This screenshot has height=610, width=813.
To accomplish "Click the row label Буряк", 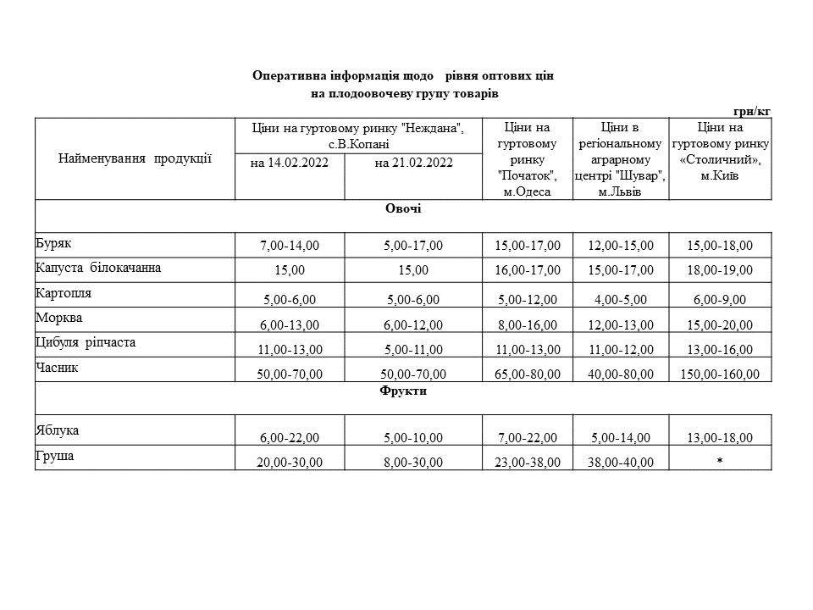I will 53,242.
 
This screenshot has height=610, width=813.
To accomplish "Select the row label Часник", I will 58,368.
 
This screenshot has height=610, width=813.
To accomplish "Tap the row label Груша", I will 55,456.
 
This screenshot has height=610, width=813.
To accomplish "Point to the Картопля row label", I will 64,293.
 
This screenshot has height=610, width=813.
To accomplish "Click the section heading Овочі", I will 403,208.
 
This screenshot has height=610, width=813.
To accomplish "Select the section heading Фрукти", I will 403,391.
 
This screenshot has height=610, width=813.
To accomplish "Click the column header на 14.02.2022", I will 290,164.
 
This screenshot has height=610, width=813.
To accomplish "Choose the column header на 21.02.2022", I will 413,164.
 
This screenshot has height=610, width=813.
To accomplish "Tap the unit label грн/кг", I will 752,110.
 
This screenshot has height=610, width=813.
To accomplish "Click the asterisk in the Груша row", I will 720,462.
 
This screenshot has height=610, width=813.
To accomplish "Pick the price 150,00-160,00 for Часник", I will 720,374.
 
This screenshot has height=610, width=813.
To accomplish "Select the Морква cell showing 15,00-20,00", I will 720,324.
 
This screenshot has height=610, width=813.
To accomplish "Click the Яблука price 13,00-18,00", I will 720,438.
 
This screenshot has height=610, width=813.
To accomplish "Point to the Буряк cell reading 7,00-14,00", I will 290,246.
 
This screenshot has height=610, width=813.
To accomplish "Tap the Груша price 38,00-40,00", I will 621,462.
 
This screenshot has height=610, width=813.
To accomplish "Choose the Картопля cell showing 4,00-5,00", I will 621,300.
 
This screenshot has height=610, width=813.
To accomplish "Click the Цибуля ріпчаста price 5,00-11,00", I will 413,349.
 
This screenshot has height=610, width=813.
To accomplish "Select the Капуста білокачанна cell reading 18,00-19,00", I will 720,270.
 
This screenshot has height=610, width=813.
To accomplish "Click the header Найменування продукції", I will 135,158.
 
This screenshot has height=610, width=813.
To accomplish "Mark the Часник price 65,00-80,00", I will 528,374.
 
